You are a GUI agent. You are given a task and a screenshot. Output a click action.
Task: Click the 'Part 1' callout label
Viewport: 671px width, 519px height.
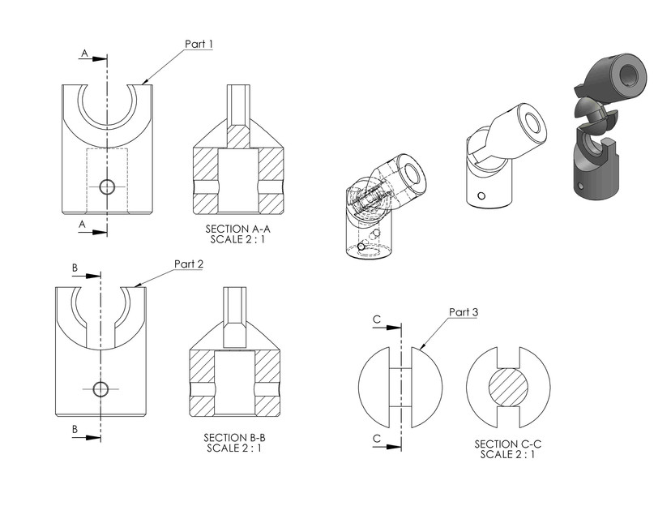pos(199,45)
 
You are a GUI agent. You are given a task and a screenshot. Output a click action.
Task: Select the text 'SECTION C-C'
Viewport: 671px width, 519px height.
pos(507,444)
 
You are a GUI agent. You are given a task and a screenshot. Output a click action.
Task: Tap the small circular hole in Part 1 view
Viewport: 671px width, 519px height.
pos(106,187)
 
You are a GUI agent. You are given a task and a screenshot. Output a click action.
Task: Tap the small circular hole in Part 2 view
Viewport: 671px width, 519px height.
pos(100,389)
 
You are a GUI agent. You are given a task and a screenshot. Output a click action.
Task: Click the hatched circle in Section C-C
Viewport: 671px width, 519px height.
pos(508,388)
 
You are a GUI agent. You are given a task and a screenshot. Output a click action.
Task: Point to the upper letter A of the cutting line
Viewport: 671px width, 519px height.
pos(83,54)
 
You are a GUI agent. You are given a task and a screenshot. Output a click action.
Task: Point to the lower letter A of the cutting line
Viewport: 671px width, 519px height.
pos(83,224)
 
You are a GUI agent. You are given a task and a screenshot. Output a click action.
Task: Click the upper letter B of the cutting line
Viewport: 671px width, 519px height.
pos(75,266)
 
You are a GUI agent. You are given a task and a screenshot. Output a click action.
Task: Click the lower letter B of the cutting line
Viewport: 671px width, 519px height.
pos(75,428)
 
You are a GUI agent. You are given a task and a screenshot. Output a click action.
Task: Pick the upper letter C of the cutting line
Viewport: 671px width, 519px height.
pos(377,320)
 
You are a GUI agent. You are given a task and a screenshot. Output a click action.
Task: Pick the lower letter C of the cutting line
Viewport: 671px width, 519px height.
pos(377,438)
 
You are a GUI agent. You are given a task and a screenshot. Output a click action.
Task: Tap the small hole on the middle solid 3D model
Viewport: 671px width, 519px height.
pos(482,195)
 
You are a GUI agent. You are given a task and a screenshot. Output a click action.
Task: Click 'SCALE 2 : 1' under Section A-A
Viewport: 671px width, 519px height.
pos(237,240)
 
